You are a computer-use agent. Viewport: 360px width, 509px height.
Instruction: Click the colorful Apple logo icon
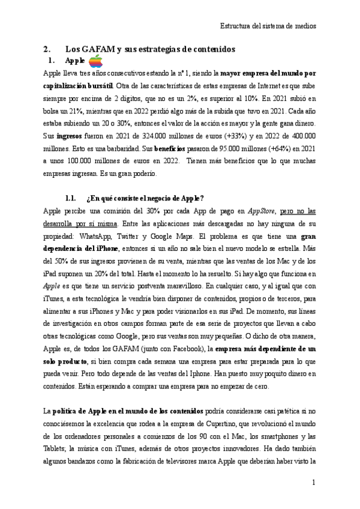[x=96, y=61]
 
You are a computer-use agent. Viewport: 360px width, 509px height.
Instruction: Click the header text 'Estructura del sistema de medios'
[x=268, y=26]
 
